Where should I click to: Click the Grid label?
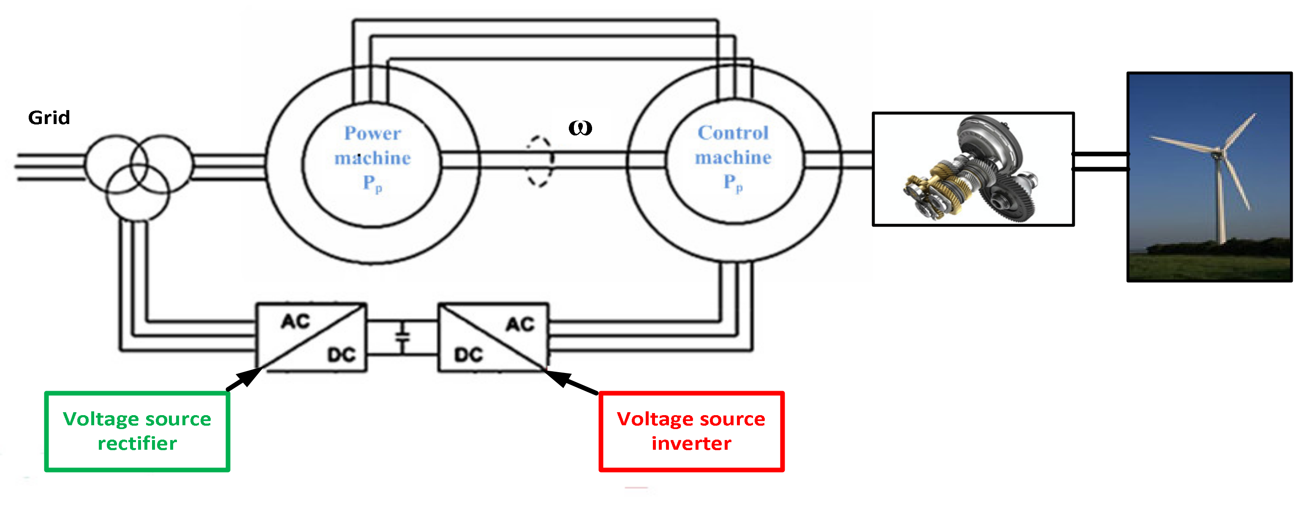(x=49, y=118)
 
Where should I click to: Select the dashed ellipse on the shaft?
(x=538, y=161)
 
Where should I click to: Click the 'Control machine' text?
(x=733, y=145)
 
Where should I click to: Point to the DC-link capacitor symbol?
(x=402, y=337)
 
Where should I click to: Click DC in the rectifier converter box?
(x=341, y=355)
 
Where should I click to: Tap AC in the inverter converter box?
(x=520, y=324)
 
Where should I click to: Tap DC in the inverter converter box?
(x=468, y=355)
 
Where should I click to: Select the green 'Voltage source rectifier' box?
(x=137, y=431)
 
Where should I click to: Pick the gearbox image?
(x=973, y=169)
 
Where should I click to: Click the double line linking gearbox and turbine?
(x=1101, y=161)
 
